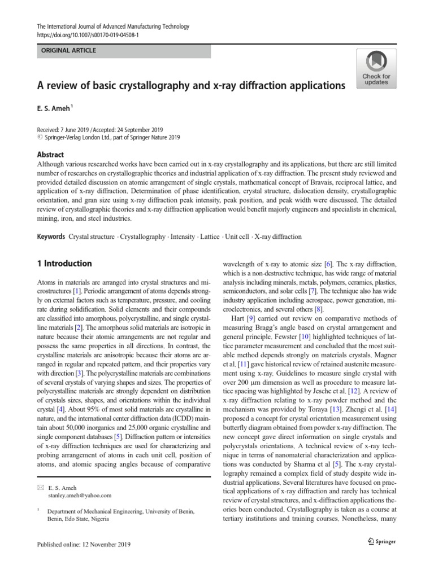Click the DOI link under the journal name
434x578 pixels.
point(88,35)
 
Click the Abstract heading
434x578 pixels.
point(50,154)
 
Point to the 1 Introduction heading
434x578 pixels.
point(64,263)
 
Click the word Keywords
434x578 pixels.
point(51,237)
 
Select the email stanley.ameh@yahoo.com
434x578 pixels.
point(80,495)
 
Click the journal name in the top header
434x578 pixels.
point(112,27)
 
